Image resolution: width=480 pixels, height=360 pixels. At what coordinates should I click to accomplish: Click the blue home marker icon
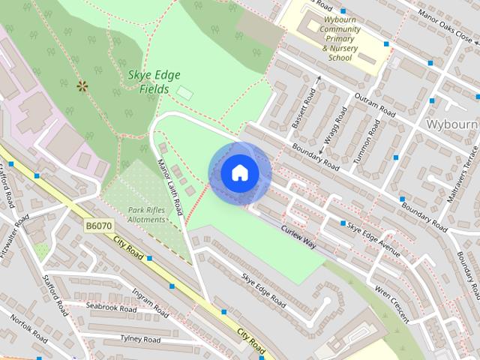pos(239,173)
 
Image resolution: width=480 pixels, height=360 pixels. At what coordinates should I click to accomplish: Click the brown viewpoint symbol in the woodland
pos(82,86)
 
